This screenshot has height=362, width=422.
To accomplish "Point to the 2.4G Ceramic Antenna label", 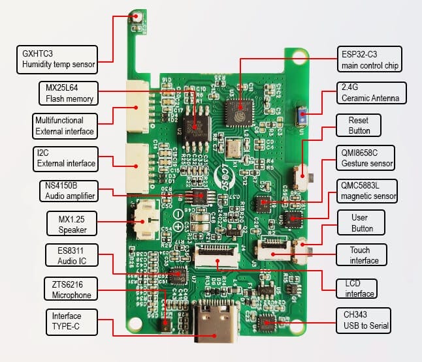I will (370, 92).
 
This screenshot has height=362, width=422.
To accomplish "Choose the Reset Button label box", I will (359, 126).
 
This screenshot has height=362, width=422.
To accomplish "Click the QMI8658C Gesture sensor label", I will (364, 157).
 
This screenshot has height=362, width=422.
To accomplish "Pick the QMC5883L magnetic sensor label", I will (364, 189).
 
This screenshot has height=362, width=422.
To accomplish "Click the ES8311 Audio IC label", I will (73, 256).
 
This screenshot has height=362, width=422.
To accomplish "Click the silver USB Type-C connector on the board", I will (214, 323).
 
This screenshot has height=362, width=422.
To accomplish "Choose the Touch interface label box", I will (360, 255).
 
